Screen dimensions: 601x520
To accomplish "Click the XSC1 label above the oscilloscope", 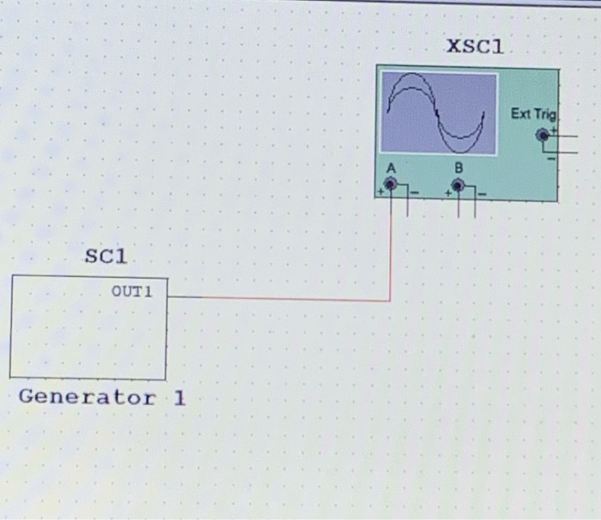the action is click(474, 46).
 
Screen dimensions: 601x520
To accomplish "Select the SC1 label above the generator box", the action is click(106, 256).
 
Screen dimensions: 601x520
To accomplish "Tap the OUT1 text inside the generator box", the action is click(131, 291).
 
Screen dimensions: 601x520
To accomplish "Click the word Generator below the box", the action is click(87, 397).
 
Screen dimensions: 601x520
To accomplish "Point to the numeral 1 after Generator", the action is click(179, 397).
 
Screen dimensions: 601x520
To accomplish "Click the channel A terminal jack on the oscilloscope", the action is click(390, 184).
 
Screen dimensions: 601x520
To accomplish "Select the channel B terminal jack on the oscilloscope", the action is click(458, 184).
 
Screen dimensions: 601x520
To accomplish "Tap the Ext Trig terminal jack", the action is click(542, 135).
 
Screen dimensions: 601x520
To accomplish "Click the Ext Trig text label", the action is click(533, 114).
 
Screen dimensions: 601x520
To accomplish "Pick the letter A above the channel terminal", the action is click(391, 167).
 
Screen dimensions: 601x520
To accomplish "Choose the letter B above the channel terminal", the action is click(458, 167).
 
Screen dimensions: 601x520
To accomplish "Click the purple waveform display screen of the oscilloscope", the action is click(440, 113).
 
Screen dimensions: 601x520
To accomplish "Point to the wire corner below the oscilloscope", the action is click(391, 300).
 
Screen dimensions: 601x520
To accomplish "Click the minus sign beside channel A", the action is click(413, 193).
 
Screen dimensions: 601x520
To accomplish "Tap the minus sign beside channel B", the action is click(481, 193).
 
